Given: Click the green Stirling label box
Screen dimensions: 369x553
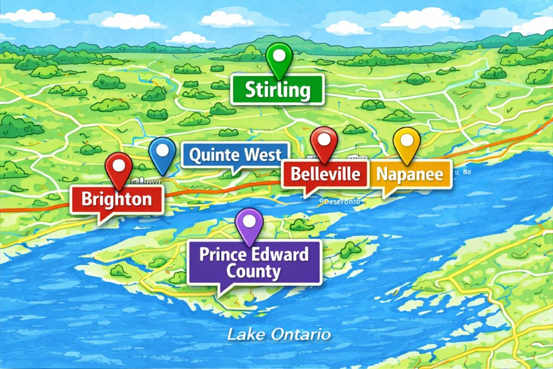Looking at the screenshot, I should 277,90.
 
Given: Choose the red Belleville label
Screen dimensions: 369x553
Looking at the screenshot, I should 325,174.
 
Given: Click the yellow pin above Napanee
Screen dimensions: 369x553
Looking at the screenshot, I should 406,143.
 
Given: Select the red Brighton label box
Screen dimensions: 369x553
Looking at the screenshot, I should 117,199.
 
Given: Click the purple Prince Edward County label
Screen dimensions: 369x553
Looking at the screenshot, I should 254,263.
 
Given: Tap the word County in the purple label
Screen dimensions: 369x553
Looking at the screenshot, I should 254,271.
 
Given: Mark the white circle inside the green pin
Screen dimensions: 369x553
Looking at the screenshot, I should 279,54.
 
